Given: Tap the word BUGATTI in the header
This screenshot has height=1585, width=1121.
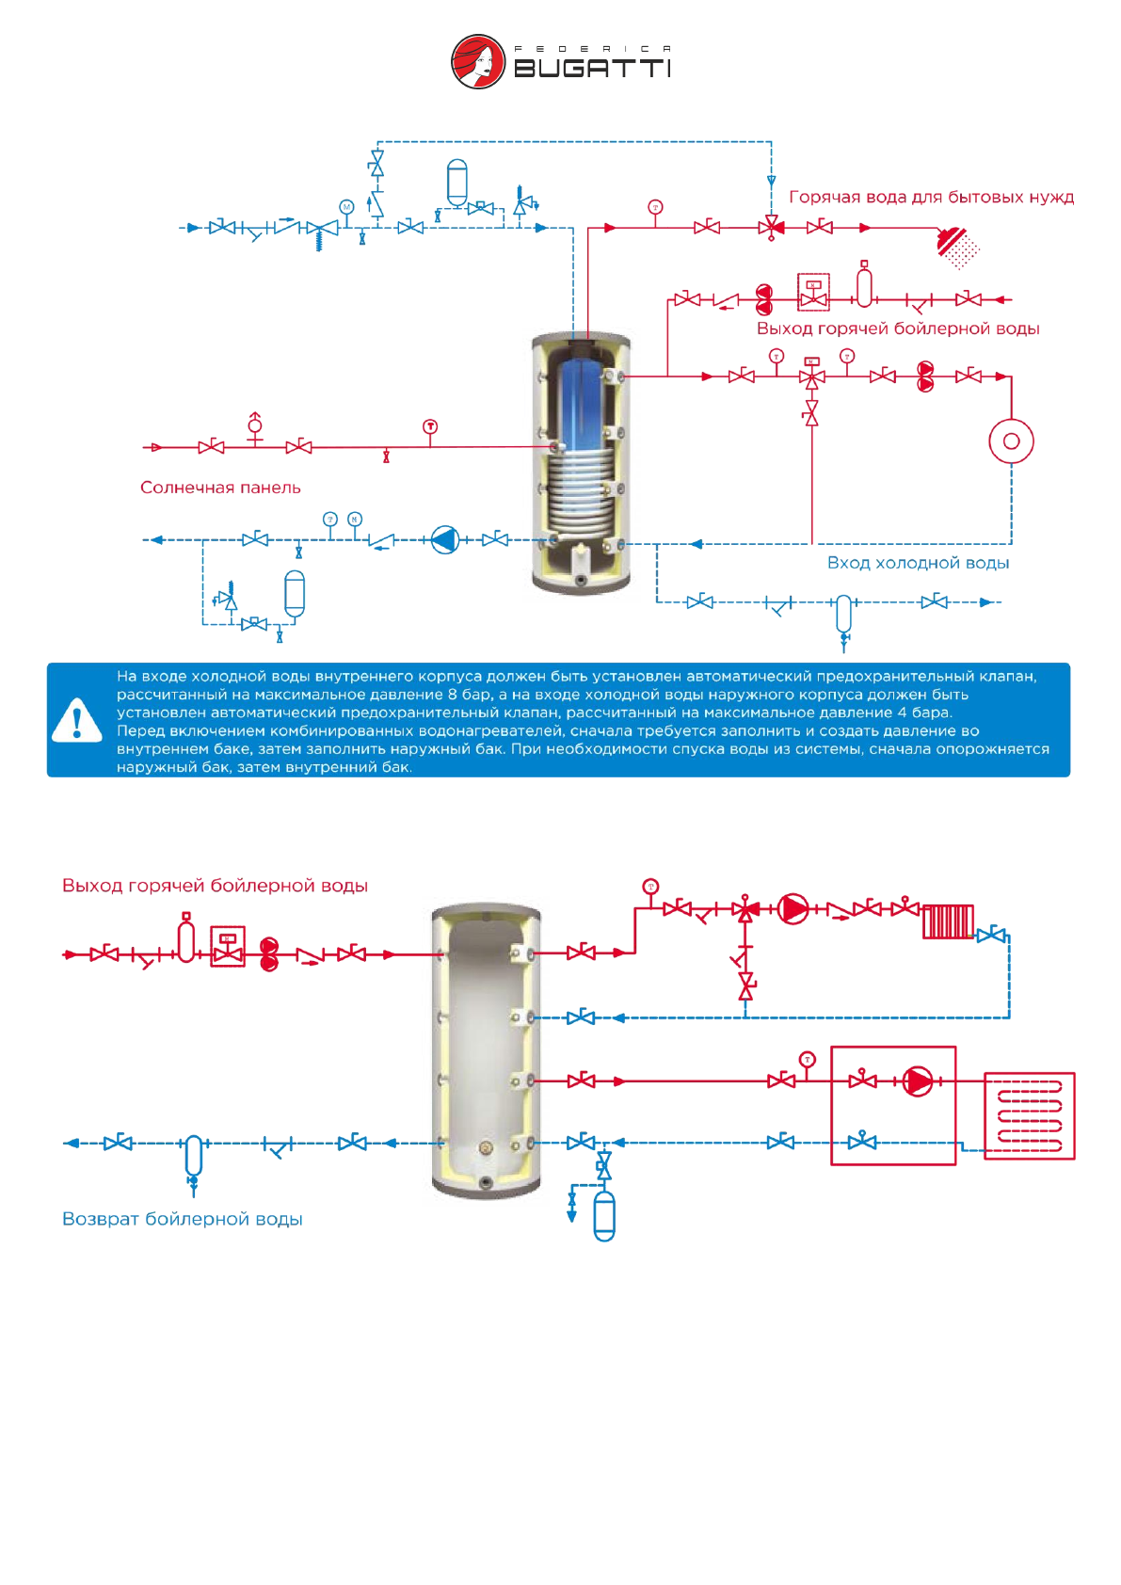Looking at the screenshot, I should click(x=592, y=69).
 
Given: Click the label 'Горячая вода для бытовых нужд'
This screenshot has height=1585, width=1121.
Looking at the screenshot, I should click(x=931, y=198).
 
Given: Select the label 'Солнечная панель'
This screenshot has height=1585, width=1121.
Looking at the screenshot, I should click(x=220, y=488).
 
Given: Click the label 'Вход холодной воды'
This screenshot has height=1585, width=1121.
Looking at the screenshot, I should click(x=918, y=563).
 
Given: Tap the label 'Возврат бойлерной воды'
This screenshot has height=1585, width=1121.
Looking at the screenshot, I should click(x=183, y=1219).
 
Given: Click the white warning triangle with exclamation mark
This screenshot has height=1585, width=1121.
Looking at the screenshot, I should click(x=77, y=720).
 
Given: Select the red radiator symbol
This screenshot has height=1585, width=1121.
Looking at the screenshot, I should click(x=948, y=921).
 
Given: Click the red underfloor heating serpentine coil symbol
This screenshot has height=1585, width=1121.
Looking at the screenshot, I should click(x=1029, y=1115).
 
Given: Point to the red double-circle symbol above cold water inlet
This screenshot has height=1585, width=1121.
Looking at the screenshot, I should click(x=1011, y=441).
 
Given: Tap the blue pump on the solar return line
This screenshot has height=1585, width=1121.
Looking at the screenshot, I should click(x=444, y=540).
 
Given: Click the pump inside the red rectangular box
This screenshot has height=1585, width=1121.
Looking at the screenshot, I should click(x=918, y=1081).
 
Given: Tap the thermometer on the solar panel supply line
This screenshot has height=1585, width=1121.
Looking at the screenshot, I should click(x=430, y=427).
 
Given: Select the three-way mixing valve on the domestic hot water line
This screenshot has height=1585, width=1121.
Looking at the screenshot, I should click(x=772, y=227).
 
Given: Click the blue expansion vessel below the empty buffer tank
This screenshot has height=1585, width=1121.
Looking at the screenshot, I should click(x=604, y=1216).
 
